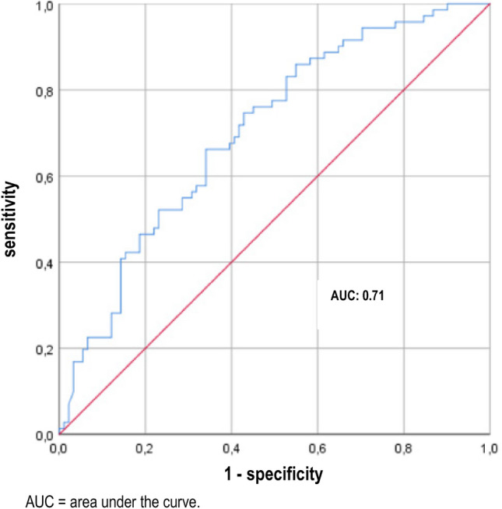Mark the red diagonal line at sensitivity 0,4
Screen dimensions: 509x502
pos(231,262)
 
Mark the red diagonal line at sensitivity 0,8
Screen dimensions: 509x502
pos(403,90)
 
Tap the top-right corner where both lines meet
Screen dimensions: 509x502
pos(489,4)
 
